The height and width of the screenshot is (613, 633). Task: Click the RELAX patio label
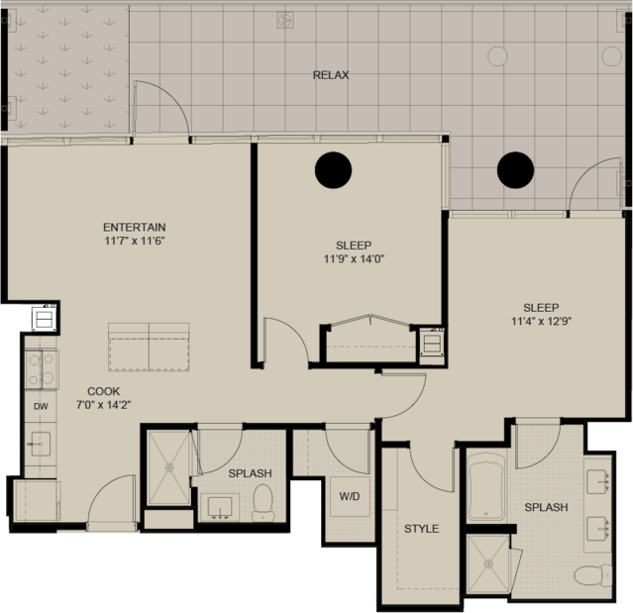point(331,75)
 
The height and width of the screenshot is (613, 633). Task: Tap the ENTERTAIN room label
point(135,227)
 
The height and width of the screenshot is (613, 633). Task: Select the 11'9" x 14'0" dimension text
point(354,258)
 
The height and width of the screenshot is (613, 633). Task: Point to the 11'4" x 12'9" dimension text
point(541,321)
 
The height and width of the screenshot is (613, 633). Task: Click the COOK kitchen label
point(104,391)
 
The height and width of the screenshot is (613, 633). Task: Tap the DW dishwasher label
point(41,406)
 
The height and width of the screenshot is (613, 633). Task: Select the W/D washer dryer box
point(350,496)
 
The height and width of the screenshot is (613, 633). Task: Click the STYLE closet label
point(421,529)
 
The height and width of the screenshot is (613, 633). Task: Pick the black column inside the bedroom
point(333,170)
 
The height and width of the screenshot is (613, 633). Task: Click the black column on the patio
point(515,170)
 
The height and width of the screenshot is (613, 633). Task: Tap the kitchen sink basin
point(40,444)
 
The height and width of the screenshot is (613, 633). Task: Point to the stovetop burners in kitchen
point(42,369)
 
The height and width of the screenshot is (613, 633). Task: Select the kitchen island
point(149,347)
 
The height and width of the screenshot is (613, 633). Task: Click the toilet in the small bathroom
point(263,502)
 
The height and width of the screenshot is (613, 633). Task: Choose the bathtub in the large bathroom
point(486,486)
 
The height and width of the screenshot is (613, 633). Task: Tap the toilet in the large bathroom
point(593,575)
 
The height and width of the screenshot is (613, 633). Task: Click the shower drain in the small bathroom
point(169,467)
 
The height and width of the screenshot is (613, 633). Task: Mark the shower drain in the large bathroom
point(489,563)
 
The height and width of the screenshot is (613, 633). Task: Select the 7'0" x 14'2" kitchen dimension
point(104,405)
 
